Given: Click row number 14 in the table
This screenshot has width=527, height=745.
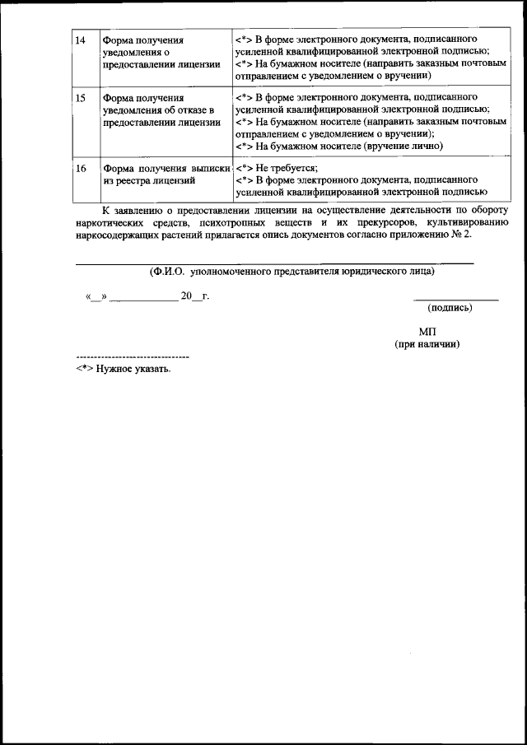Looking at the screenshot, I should tap(81, 40).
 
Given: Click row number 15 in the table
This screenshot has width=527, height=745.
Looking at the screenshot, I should tap(81, 98).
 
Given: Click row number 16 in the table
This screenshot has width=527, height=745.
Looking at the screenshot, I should tap(81, 168).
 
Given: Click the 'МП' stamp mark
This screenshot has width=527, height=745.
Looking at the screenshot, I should tap(427, 331).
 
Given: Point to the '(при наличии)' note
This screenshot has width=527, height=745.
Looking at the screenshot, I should tap(427, 343).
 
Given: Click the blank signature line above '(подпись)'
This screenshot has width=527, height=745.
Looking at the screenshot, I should tap(455, 299).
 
